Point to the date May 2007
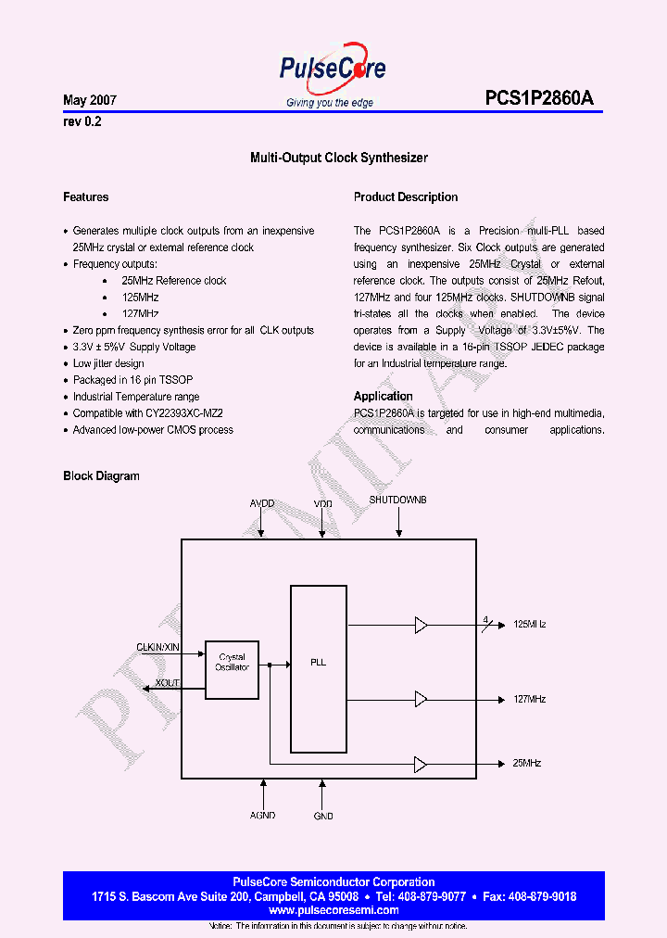click(90, 99)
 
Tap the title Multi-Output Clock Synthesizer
click(339, 158)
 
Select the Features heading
click(86, 197)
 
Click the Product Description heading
click(406, 197)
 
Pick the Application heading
click(384, 396)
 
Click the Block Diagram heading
click(101, 476)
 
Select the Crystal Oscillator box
click(232, 663)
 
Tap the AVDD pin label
click(262, 503)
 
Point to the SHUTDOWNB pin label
click(397, 500)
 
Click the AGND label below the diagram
click(263, 817)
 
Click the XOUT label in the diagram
click(168, 683)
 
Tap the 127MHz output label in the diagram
click(529, 699)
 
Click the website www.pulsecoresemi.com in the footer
click(333, 910)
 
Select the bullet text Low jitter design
click(108, 363)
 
